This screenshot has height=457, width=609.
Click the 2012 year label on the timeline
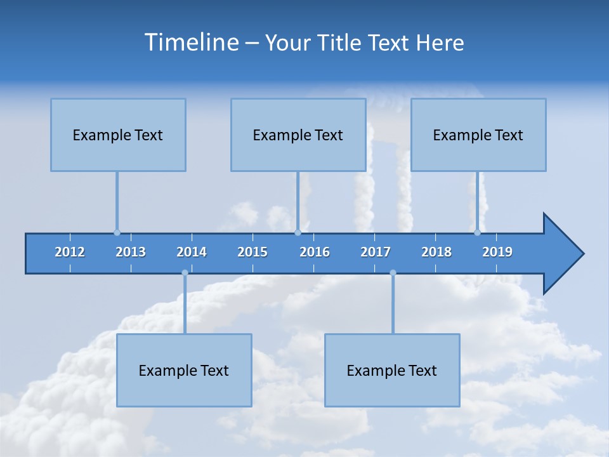click(x=70, y=252)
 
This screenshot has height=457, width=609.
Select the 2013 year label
click(x=131, y=252)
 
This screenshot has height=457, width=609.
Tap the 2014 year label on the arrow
click(x=192, y=252)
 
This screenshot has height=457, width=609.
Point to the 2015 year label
click(x=252, y=252)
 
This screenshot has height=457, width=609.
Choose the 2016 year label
click(x=315, y=252)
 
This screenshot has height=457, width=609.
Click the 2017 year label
click(x=376, y=252)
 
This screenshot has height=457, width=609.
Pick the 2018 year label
click(x=436, y=252)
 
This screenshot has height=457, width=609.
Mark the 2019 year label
click(x=497, y=252)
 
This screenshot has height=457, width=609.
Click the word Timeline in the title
click(x=190, y=43)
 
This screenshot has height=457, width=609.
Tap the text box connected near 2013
click(x=118, y=135)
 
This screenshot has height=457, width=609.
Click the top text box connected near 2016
click(x=298, y=135)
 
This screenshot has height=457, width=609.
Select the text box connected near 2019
click(x=478, y=135)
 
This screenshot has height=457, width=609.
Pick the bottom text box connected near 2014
click(x=184, y=370)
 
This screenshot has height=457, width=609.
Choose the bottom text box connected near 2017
click(x=392, y=370)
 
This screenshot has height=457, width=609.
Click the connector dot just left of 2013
click(x=117, y=232)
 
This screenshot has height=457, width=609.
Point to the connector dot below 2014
click(x=185, y=273)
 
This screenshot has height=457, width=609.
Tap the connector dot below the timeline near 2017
click(x=393, y=273)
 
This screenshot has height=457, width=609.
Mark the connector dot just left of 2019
click(x=477, y=232)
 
